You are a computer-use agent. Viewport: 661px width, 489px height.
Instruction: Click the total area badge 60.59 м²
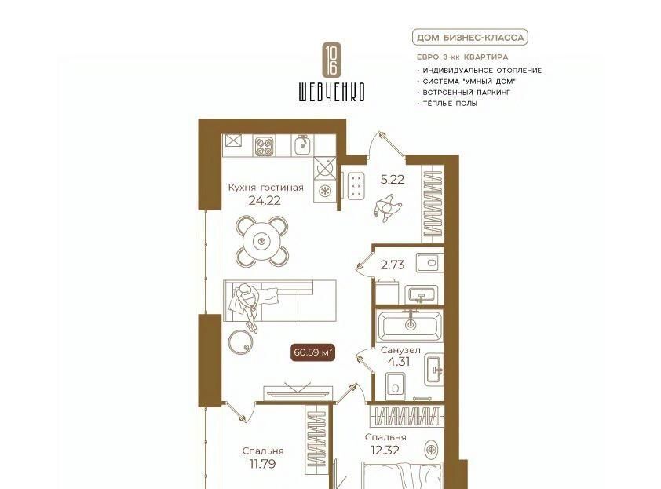click(x=312, y=352)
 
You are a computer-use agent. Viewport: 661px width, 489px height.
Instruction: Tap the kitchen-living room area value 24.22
click(x=265, y=201)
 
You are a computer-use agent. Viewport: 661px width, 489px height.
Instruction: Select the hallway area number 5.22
click(x=392, y=180)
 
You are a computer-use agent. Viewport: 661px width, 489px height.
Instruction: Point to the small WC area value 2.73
click(x=392, y=265)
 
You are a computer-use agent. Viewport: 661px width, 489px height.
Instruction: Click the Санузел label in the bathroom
click(x=400, y=350)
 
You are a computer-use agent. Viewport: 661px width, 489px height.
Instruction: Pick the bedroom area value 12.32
click(x=385, y=451)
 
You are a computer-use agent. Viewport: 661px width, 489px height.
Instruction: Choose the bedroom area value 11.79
click(x=262, y=464)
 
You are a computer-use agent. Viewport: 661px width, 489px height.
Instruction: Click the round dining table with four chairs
click(x=262, y=241)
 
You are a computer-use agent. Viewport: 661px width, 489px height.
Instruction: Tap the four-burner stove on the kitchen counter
click(x=265, y=147)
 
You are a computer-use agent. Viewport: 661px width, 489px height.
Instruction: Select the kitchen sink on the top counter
click(x=301, y=145)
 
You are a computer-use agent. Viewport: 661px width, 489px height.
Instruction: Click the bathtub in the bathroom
click(x=410, y=325)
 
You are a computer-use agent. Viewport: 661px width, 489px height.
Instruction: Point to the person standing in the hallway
click(x=387, y=207)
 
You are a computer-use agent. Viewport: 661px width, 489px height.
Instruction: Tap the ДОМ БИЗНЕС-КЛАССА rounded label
click(x=470, y=38)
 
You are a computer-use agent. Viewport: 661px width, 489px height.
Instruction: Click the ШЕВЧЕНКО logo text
click(x=332, y=92)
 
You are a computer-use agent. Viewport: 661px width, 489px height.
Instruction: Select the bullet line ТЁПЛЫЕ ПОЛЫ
click(x=450, y=104)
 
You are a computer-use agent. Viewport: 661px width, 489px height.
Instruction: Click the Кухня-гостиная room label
click(x=265, y=187)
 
